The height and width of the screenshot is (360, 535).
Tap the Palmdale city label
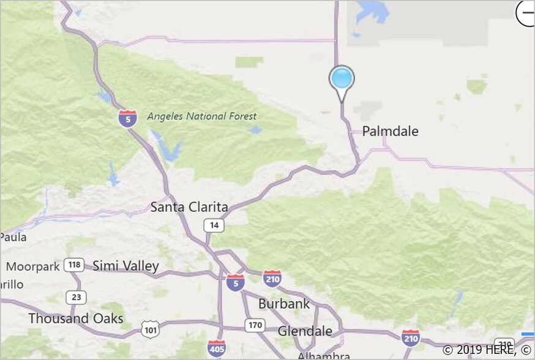pos(391,131)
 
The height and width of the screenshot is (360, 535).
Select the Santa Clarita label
pos(189,207)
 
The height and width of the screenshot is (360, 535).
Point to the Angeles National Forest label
pos(202,116)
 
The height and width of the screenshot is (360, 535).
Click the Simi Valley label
pos(125,266)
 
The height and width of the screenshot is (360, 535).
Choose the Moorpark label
pos(33,267)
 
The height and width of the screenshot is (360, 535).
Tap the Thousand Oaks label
pos(76,318)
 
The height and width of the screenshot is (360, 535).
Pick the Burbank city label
pos(284,303)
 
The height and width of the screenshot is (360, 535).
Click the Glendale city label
pos(305,331)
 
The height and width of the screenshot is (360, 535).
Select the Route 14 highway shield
pos(214,225)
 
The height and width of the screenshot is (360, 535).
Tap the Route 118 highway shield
pos(74,265)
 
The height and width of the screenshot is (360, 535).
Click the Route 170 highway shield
pos(255,324)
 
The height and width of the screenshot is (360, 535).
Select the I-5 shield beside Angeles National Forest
pos(127,118)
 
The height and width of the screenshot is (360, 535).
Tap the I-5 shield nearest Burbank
pos(235,282)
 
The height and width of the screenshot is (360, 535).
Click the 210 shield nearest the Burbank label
pos(272,279)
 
